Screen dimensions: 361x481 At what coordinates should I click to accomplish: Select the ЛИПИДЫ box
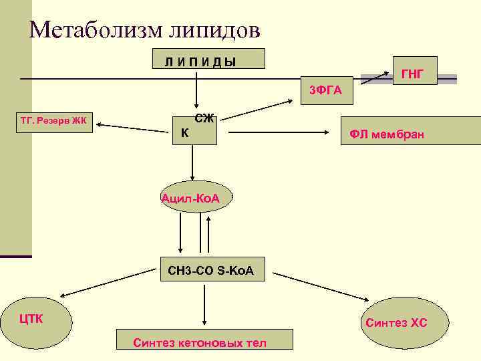coord(209,59)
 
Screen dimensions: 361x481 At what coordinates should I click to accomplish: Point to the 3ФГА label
coord(325,90)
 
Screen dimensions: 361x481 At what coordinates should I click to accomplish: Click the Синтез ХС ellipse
coord(397,323)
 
